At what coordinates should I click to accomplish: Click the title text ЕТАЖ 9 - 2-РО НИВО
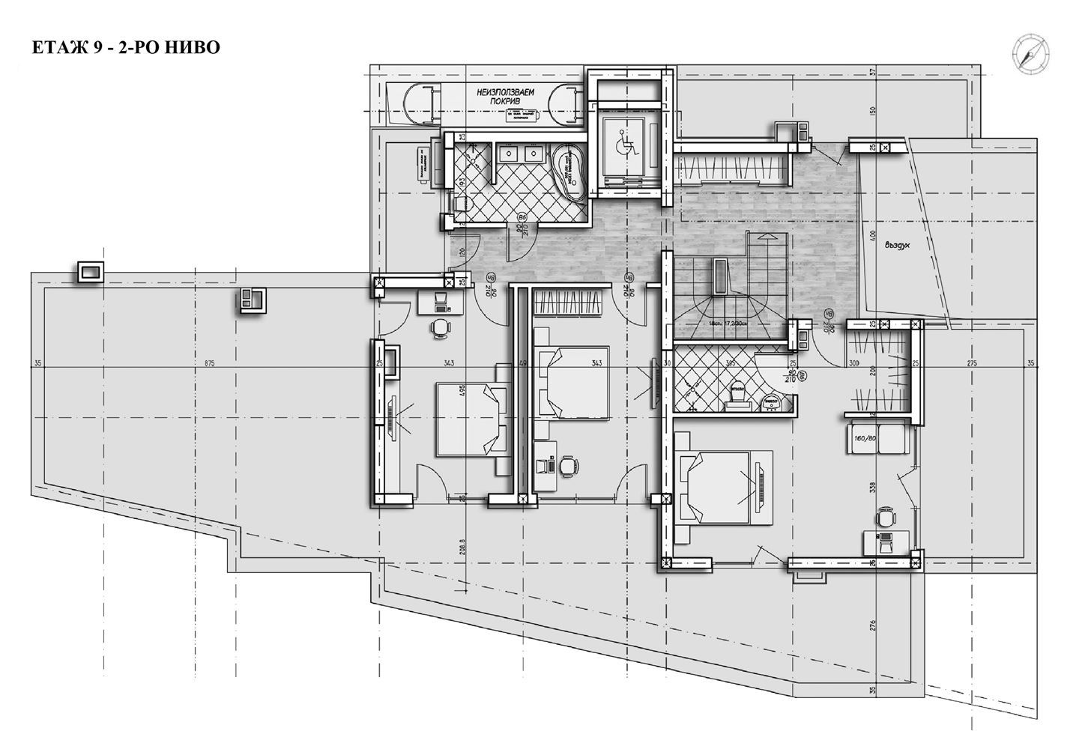[126, 48]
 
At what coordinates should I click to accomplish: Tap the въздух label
[895, 243]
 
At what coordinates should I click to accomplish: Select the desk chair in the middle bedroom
[569, 465]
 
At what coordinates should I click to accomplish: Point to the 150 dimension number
[872, 111]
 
